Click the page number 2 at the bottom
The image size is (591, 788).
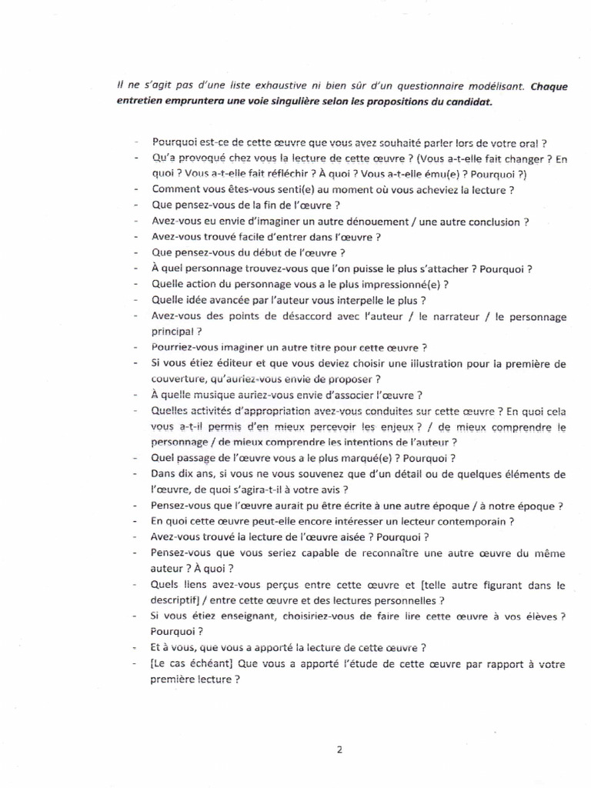339,751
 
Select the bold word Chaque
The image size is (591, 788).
549,86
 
